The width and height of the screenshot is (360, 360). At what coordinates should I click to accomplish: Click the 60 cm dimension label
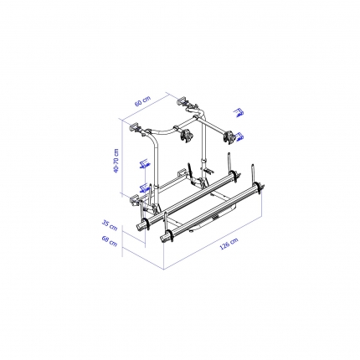pos(142,101)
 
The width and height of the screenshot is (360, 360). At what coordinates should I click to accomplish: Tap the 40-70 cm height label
pos(116,161)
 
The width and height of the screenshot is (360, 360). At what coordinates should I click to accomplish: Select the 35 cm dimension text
pos(109,225)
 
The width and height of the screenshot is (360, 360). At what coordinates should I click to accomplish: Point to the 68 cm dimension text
pos(109,241)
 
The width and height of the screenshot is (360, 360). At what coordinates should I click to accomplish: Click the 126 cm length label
pos(229,244)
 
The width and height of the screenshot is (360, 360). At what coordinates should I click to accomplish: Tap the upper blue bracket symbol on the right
pos(239,112)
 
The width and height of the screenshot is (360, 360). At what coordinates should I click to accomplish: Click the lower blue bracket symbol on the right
pos(239,137)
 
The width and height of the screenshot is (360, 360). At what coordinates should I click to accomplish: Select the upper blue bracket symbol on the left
pos(145,164)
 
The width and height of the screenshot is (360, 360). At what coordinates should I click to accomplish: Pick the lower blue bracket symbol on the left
pos(144,188)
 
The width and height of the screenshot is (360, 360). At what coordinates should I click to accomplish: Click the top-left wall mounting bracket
pos(136,128)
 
